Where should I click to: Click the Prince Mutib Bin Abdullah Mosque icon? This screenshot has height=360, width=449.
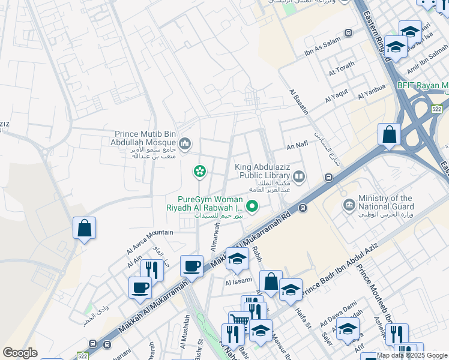tap(185, 143)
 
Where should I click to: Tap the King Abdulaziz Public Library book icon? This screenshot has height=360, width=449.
tap(299, 176)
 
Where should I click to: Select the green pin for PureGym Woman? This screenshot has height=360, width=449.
tap(253, 208)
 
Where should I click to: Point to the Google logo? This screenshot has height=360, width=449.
tap(20, 353)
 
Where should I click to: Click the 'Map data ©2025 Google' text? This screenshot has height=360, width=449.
tap(412, 355)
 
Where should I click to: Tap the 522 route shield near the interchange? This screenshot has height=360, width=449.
tap(437, 109)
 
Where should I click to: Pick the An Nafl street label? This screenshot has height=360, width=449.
tap(297, 146)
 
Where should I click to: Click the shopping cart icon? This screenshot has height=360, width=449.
tap(239, 322)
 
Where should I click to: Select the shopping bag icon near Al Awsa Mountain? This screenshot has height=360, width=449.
tap(84, 228)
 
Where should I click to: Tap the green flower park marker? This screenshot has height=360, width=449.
tap(199, 172)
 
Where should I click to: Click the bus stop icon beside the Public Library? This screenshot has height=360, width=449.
tap(328, 177)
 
